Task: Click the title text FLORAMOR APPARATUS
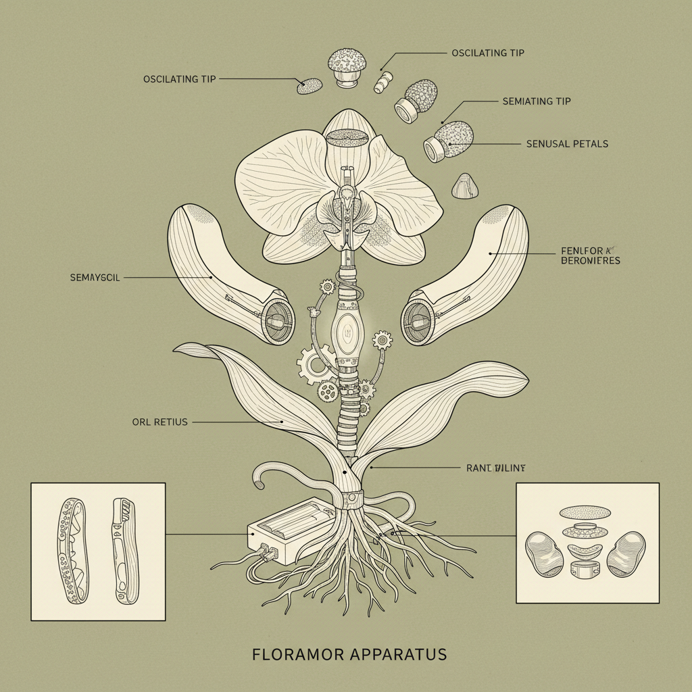coord(349,654)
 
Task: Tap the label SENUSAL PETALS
coord(566,144)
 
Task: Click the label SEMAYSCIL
coord(95,278)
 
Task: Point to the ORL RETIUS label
coord(160,422)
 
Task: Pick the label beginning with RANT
coord(496,467)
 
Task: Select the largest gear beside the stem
coord(314,364)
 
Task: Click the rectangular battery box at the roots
coord(291,530)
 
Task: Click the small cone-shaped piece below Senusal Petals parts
coord(465,186)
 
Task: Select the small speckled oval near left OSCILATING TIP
coord(310,86)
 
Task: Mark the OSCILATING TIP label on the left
coord(180,79)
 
